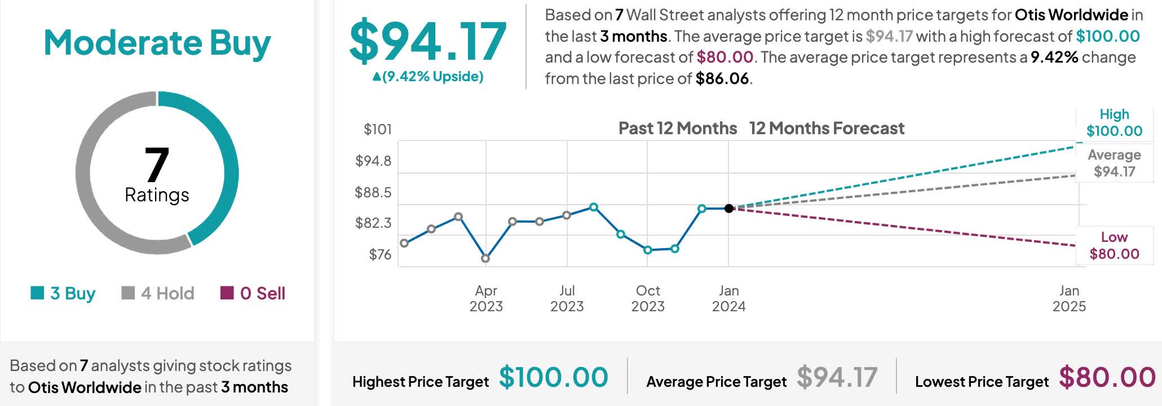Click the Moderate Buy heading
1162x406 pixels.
157,43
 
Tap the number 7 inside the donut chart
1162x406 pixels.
157,165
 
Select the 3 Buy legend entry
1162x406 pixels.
63,293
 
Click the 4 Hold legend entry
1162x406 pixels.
158,293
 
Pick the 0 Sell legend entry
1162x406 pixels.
253,293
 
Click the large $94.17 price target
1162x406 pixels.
427,42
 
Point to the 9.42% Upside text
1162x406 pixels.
427,77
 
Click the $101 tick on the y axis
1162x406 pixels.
377,130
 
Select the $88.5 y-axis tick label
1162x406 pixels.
373,192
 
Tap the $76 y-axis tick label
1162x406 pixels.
379,254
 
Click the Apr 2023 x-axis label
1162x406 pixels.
486,298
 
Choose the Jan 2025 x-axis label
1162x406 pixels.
1069,298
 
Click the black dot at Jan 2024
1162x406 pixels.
728,209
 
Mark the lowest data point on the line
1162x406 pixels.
485,258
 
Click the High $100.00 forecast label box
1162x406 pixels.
1114,123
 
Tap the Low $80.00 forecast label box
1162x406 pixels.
1114,245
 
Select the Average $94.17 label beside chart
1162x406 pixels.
1114,163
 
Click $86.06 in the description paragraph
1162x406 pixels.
722,78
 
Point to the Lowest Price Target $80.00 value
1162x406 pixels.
1107,377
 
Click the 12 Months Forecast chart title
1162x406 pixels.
827,129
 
